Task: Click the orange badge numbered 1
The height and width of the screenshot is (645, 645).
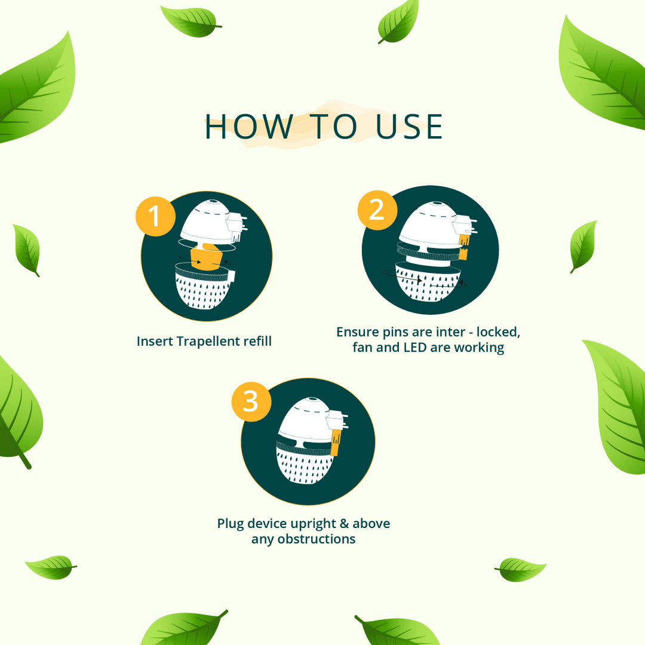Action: click(155, 216)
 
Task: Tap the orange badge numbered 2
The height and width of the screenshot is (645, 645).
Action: click(377, 210)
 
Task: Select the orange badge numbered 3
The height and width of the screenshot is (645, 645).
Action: click(251, 401)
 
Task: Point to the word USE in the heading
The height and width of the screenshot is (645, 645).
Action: click(409, 127)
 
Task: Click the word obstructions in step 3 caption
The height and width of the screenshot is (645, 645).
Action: click(317, 539)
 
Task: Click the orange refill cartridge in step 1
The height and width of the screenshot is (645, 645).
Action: click(207, 257)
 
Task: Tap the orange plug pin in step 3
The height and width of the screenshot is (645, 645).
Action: click(335, 442)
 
